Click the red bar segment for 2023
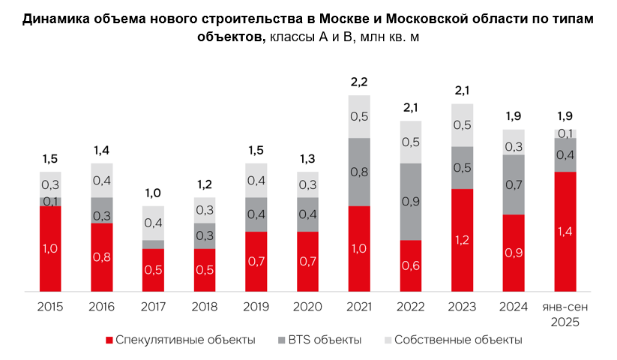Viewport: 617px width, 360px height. click(x=462, y=240)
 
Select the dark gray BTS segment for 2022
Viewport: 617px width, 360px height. click(x=410, y=202)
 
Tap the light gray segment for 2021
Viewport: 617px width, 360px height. click(x=359, y=116)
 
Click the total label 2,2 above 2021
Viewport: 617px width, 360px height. click(x=359, y=81)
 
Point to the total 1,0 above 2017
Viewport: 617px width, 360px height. click(x=154, y=193)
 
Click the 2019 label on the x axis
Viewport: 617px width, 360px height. click(x=256, y=307)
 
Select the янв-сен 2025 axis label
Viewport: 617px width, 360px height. click(x=565, y=314)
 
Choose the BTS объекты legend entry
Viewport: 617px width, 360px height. click(x=325, y=340)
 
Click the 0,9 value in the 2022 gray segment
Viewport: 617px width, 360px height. click(x=411, y=202)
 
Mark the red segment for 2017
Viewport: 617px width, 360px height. click(x=154, y=270)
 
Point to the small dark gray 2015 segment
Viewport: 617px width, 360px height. click(x=51, y=202)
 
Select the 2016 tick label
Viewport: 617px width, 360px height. click(x=102, y=307)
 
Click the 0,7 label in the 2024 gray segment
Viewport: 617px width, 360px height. click(x=514, y=184)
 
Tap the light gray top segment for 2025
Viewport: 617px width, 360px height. click(x=565, y=133)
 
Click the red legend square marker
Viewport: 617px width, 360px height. click(x=109, y=340)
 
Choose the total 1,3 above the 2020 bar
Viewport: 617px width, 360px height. click(x=307, y=158)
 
